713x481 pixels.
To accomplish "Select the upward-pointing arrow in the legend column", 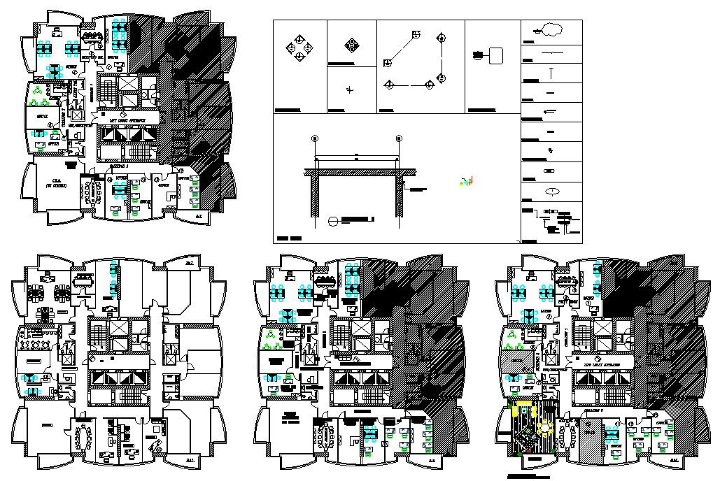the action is pyautogui.click(x=551, y=72).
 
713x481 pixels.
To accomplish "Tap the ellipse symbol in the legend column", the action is pyautogui.click(x=551, y=191).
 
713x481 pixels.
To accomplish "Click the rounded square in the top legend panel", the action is pyautogui.click(x=496, y=55).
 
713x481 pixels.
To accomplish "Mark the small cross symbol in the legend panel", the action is pyautogui.click(x=351, y=89).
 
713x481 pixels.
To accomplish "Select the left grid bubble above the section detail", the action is pyautogui.click(x=314, y=138).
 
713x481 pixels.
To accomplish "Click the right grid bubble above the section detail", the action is pyautogui.click(x=398, y=138).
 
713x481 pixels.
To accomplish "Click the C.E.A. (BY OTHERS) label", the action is pyautogui.click(x=50, y=183).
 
